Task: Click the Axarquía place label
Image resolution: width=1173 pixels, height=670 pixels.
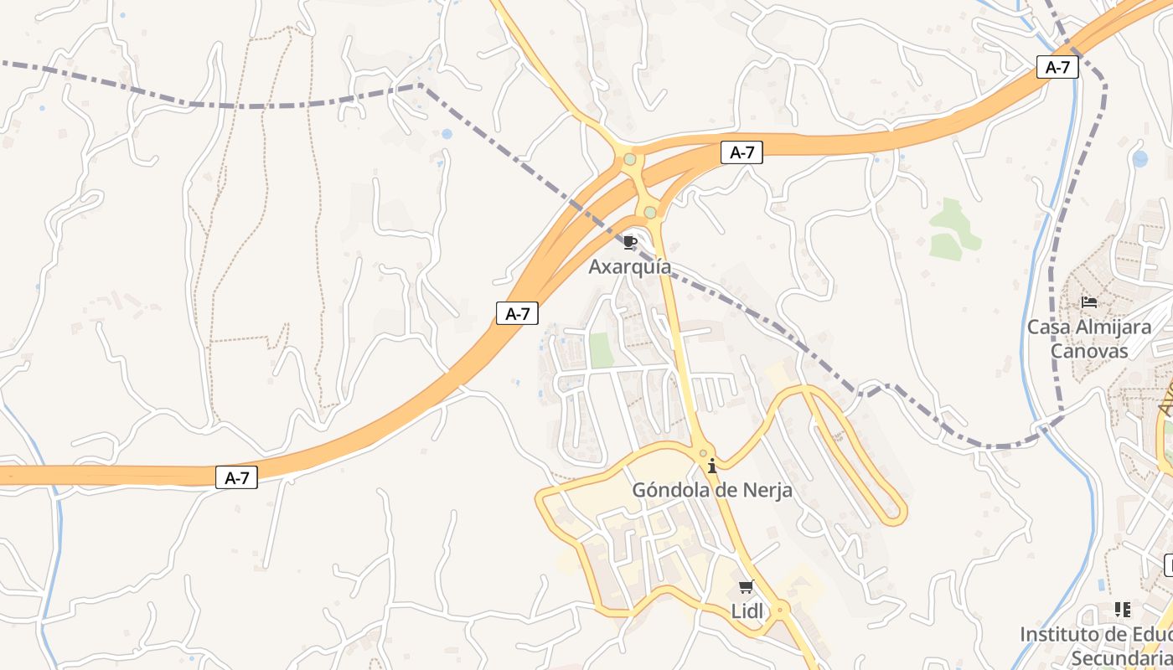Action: [629, 267]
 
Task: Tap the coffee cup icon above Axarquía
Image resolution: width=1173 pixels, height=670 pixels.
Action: [630, 243]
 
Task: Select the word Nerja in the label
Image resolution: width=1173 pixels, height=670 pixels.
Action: [764, 490]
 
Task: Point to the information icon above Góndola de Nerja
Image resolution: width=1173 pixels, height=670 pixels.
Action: [712, 466]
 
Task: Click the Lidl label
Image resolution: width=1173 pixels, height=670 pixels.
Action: [747, 611]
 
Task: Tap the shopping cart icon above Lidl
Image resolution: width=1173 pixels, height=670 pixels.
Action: [747, 587]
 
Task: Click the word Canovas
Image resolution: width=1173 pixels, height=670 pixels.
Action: [1089, 350]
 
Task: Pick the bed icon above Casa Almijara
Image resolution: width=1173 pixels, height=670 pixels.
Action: [1089, 301]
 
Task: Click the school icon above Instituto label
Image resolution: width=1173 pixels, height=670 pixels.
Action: [1123, 610]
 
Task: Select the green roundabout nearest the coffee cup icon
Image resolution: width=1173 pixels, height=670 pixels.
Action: [650, 213]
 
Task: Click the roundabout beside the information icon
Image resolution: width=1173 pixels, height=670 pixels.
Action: [704, 453]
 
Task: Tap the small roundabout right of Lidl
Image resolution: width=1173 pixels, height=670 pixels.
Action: [780, 610]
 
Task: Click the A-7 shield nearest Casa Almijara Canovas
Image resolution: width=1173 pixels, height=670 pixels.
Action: [1057, 67]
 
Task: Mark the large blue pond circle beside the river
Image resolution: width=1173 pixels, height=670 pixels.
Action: [1139, 158]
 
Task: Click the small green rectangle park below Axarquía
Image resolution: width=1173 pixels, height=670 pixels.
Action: [601, 350]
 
